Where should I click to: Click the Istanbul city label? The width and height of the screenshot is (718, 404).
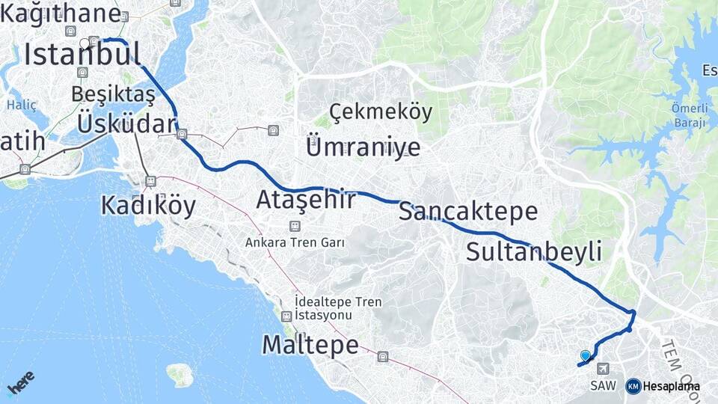click(82, 54)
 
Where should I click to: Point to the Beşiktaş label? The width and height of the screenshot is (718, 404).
click(114, 94)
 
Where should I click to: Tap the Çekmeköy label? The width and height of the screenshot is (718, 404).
click(381, 113)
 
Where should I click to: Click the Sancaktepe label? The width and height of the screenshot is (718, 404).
click(468, 211)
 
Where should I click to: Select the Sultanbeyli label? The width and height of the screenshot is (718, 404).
click(533, 252)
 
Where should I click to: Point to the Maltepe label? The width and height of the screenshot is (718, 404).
click(310, 344)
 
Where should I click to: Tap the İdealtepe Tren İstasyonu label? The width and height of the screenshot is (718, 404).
click(338, 308)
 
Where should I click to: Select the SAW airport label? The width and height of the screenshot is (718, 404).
click(603, 386)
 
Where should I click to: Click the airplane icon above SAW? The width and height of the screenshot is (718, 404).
click(604, 369)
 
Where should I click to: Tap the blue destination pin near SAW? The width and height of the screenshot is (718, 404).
click(585, 356)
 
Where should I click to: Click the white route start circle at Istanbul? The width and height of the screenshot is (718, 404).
click(85, 43)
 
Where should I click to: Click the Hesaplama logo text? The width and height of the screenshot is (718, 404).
click(671, 386)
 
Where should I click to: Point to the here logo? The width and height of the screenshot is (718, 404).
click(21, 383)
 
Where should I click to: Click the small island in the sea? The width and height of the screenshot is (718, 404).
click(179, 374)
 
